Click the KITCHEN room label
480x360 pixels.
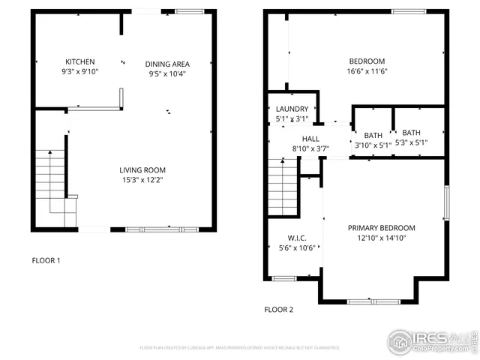point(80,62)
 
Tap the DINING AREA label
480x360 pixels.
point(167,64)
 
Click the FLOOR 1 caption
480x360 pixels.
point(46,260)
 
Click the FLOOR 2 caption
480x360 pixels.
point(278,309)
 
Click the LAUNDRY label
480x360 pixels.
point(292,109)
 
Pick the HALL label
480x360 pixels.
point(310,139)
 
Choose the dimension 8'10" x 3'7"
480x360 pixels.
point(310,148)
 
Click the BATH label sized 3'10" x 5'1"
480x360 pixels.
point(373,136)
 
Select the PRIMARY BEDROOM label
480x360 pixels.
point(381,228)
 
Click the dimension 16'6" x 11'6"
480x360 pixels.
point(367,71)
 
